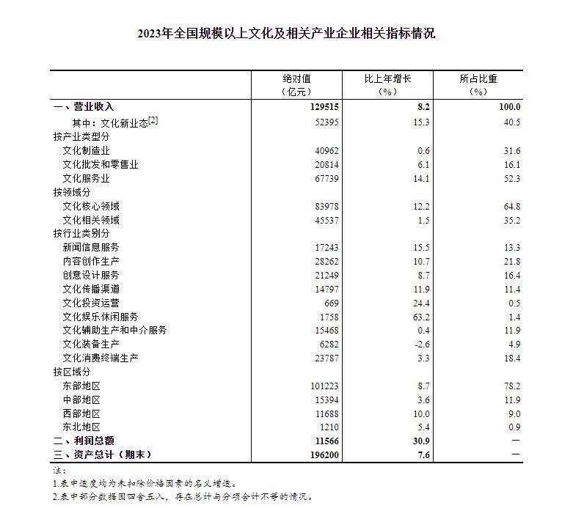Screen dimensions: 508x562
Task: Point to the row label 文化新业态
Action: (110, 122)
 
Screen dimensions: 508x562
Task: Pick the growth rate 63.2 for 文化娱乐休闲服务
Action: (420, 317)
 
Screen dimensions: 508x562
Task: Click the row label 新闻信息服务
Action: (91, 248)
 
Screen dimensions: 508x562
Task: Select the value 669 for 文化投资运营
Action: (330, 303)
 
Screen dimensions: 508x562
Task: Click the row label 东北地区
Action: (81, 427)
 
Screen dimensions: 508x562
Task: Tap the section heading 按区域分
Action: (72, 372)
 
